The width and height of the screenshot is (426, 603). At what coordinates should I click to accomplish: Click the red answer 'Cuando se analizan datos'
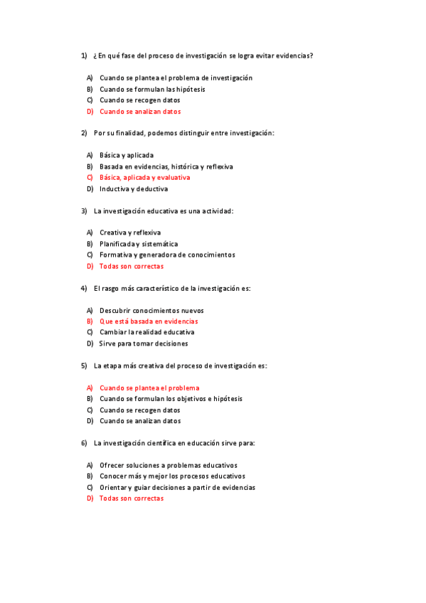point(140,112)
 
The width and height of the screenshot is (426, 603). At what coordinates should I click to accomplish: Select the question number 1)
point(84,55)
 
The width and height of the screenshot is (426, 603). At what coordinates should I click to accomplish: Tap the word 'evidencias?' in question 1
point(295,55)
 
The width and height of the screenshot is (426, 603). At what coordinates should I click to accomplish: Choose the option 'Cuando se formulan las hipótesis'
point(152,90)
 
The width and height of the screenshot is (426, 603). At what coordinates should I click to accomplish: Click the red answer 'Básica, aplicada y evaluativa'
point(145,178)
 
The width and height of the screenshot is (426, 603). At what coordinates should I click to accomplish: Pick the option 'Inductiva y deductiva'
point(134,189)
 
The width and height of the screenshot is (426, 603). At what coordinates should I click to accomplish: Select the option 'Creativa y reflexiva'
point(130,233)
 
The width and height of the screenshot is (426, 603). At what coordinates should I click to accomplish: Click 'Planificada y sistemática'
point(139,244)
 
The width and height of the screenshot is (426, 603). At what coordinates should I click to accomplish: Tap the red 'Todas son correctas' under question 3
point(132,267)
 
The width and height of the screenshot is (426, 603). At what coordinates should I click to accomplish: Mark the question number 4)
point(84,289)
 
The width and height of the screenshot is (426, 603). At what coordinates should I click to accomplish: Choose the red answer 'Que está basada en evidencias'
point(149,321)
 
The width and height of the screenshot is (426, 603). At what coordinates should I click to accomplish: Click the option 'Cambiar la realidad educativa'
point(147,332)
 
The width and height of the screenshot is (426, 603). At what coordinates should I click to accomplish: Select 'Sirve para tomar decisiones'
point(144,343)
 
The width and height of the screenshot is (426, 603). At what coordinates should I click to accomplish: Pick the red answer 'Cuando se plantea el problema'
point(149,388)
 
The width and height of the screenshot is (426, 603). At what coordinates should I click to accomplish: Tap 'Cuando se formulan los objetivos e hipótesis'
point(171,399)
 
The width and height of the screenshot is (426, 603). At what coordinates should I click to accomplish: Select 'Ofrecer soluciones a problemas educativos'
point(169,465)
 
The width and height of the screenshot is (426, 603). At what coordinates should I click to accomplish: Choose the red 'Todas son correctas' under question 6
point(132,498)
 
